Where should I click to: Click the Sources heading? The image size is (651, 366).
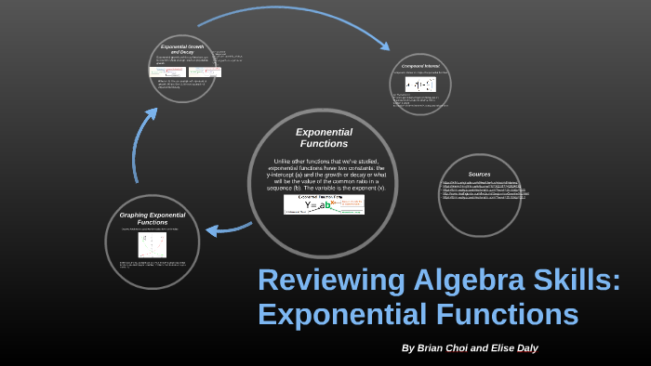(479, 174)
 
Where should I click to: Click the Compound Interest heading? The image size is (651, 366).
(419, 67)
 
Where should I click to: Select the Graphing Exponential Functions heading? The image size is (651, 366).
(153, 218)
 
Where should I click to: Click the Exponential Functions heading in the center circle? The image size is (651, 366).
(323, 137)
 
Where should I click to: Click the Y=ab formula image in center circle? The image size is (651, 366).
(323, 204)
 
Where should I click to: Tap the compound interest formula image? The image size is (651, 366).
(419, 84)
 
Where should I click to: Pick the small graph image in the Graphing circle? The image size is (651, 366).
(152, 244)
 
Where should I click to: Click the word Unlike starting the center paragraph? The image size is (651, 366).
(285, 160)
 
